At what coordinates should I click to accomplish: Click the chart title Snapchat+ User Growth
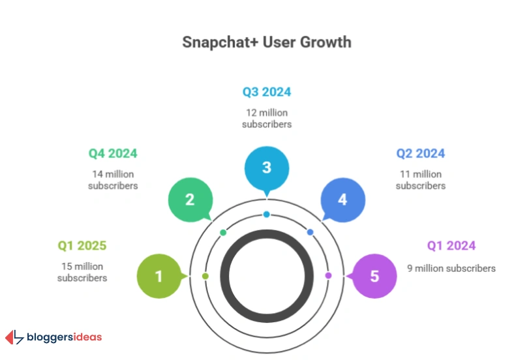266,42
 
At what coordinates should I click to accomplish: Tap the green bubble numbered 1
159,276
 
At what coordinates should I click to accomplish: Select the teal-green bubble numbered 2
190,199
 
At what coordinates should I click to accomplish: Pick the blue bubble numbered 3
266,167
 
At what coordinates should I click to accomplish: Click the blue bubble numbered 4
342,199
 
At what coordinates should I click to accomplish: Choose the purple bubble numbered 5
374,276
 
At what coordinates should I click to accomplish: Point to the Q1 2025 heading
82,246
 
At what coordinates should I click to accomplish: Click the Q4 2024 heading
113,154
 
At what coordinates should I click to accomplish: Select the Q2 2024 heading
420,154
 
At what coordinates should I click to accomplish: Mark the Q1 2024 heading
451,246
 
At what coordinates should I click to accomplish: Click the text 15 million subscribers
82,272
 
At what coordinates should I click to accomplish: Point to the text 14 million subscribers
113,180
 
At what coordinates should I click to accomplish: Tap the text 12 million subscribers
266,118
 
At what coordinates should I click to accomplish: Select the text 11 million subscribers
420,180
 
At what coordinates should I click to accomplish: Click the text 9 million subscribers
451,268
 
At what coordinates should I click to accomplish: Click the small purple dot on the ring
328,275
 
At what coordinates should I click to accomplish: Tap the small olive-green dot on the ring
205,277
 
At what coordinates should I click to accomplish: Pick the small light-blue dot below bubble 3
267,215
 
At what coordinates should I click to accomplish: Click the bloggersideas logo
54,337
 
